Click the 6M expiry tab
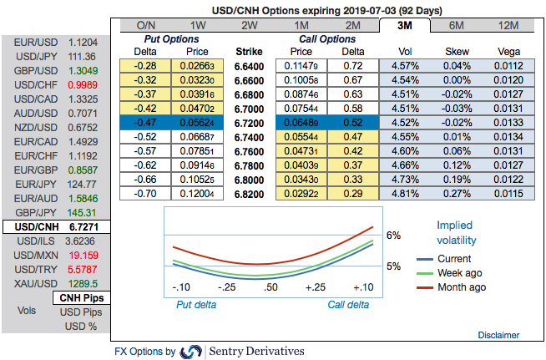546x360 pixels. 456,25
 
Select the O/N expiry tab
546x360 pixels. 145,25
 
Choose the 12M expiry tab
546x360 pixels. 508,25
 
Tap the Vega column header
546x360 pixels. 508,51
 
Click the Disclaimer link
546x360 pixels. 498,334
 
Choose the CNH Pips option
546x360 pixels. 80,298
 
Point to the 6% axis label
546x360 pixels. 393,235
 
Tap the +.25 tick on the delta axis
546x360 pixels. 315,287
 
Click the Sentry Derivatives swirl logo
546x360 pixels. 191,351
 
